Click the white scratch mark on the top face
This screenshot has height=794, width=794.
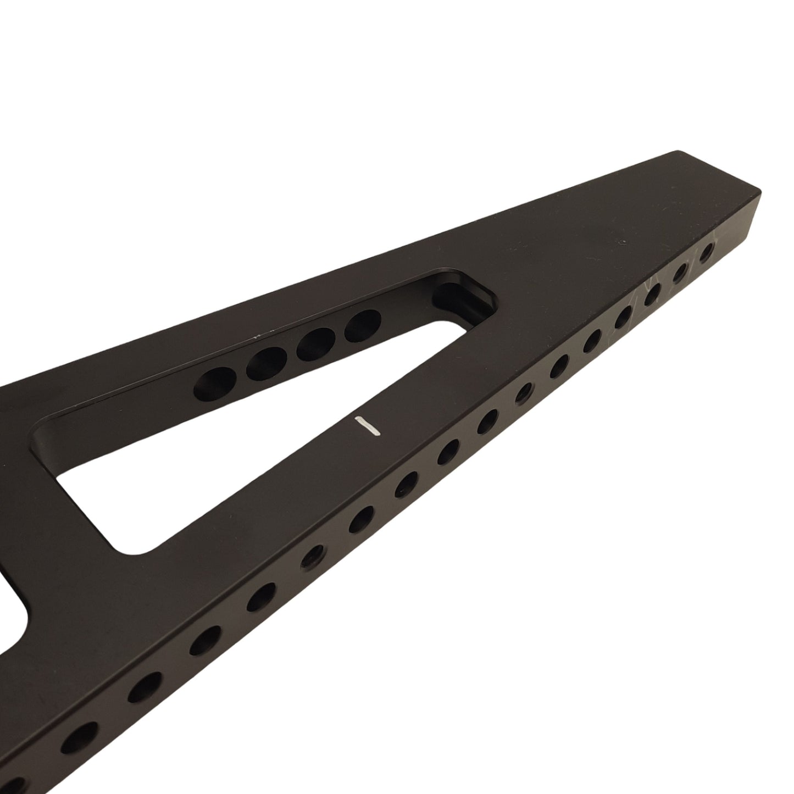pyautogui.click(x=368, y=426)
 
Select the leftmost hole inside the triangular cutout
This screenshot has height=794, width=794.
pyautogui.click(x=216, y=382)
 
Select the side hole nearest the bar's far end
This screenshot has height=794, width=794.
pyautogui.click(x=706, y=253)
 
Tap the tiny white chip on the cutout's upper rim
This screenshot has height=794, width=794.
pyautogui.click(x=256, y=333)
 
